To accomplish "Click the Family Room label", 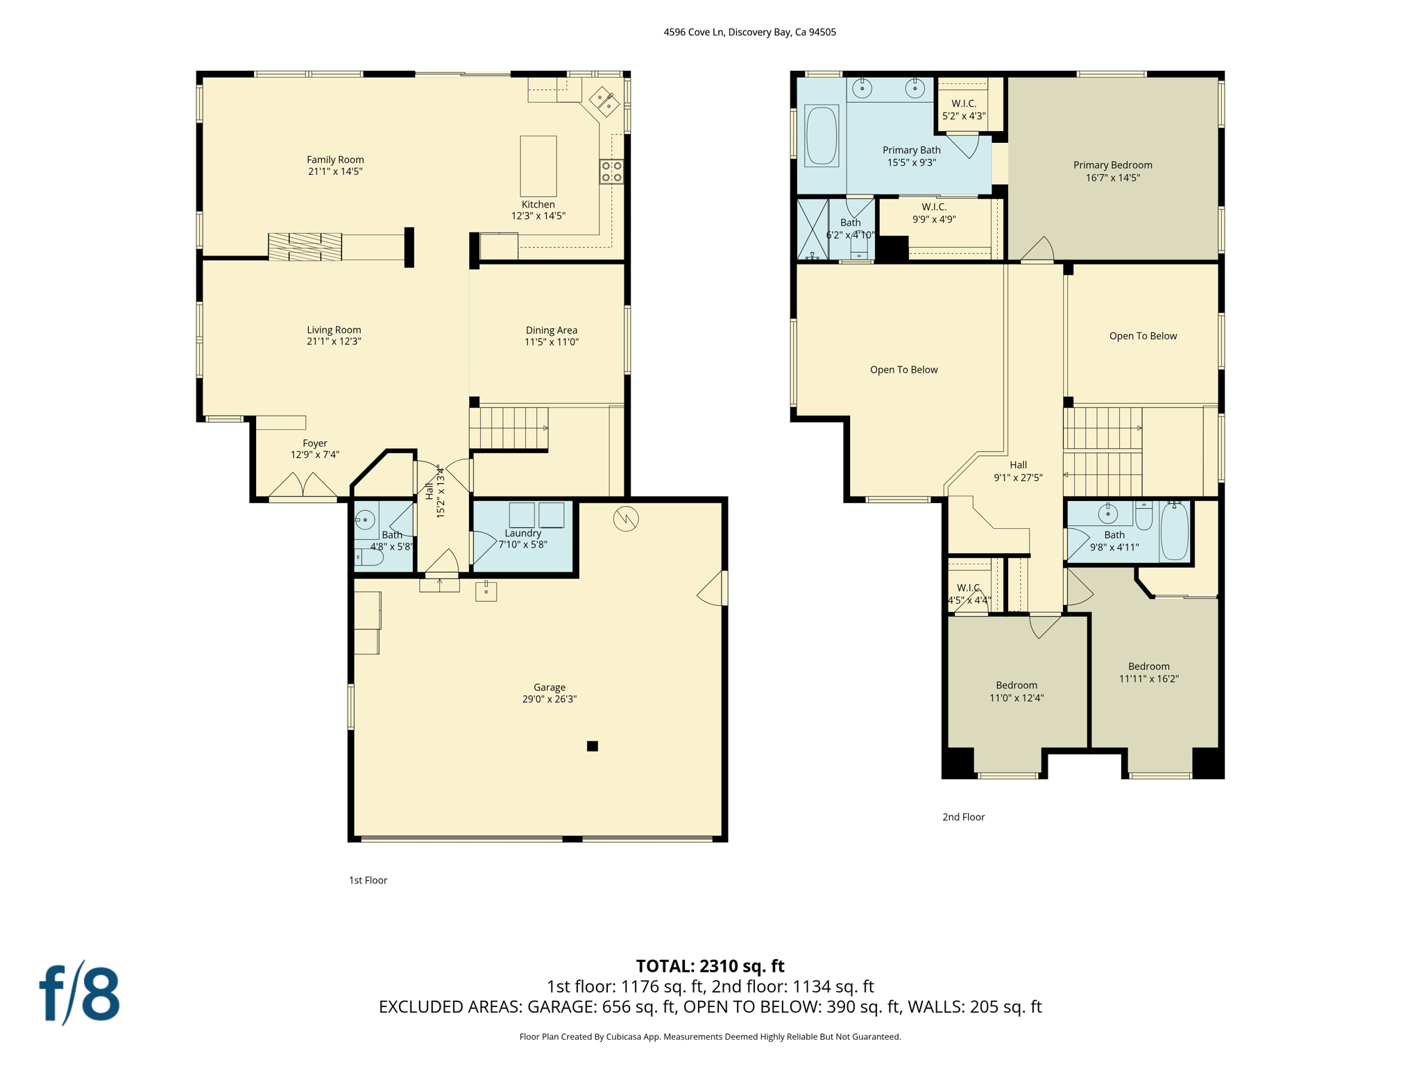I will coord(335,160).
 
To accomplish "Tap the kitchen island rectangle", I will coord(538,166).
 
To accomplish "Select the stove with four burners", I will coord(611,171).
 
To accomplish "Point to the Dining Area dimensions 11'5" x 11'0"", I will coord(551,341).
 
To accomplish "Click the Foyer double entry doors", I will coord(303,486).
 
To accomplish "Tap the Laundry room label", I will coord(522,533).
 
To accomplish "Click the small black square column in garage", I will coord(593,746).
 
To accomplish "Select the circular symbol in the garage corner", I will coord(626,518).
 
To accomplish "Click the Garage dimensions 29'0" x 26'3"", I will coord(550,699).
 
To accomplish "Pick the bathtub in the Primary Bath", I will coord(822,135).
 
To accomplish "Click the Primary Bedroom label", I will coord(1112,165).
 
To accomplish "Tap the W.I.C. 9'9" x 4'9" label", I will coord(934,213).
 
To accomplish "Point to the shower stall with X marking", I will coord(812,230).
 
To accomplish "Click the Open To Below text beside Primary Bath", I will coord(903,370).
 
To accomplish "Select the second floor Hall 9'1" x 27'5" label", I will coord(1018,471).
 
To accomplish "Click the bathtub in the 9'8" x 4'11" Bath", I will coord(1174,532).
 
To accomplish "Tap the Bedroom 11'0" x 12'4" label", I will coord(1016,691).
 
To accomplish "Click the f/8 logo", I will coord(79,993).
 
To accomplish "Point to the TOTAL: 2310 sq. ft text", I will coord(710,966).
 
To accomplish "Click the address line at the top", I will coord(749,32).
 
